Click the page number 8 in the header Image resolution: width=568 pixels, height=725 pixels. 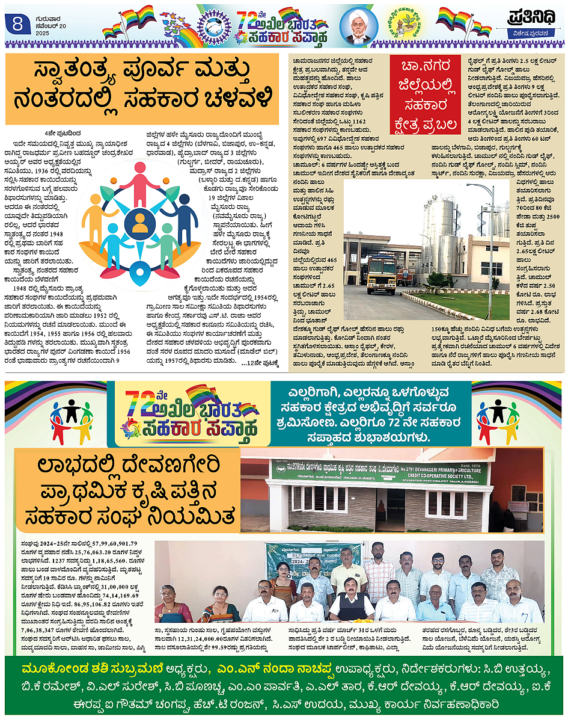click(16, 24)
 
